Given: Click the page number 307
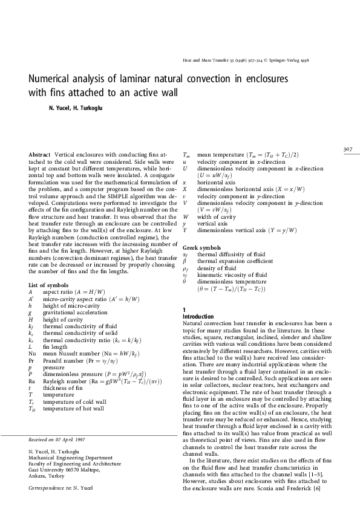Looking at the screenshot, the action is [x=348, y=149].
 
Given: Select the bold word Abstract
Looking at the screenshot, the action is [x=39, y=155].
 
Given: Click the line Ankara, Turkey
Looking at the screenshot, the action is [x=47, y=474].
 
